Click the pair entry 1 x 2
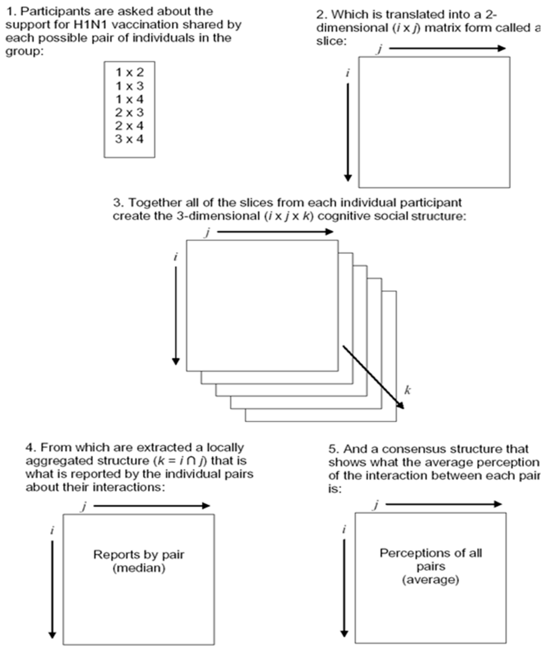129,72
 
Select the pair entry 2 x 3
129,112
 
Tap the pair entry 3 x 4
129,139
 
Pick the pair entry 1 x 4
129,99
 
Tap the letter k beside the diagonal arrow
407,391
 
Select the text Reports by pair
139,555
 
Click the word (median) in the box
139,568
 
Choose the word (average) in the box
430,579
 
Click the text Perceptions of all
430,553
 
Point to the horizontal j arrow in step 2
447,48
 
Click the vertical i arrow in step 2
348,130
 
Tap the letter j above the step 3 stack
206,232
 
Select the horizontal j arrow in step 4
152,506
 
